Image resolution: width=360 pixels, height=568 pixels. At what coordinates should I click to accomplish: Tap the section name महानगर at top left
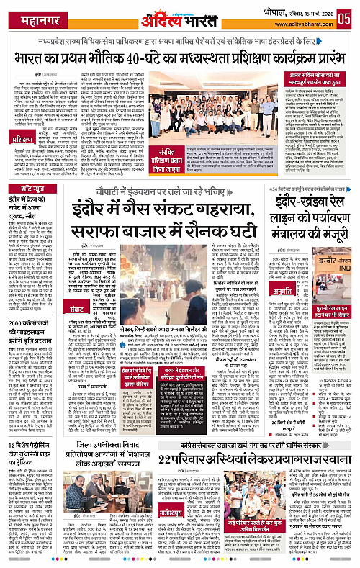point(28,17)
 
